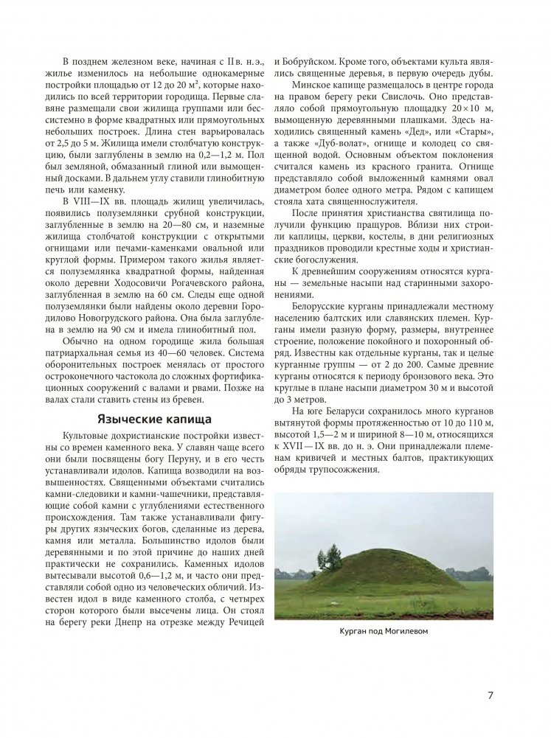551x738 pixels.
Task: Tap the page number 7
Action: (x=490, y=695)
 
